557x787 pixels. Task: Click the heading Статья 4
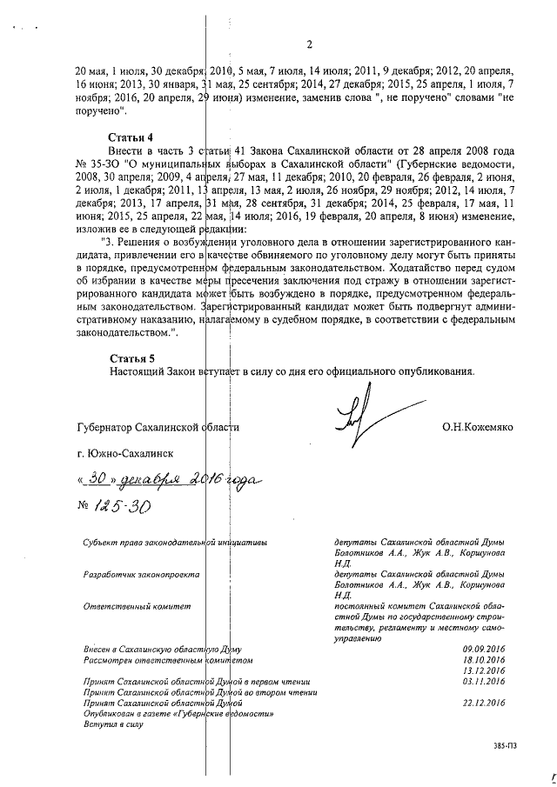[131, 137]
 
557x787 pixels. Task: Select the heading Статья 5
[131, 357]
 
